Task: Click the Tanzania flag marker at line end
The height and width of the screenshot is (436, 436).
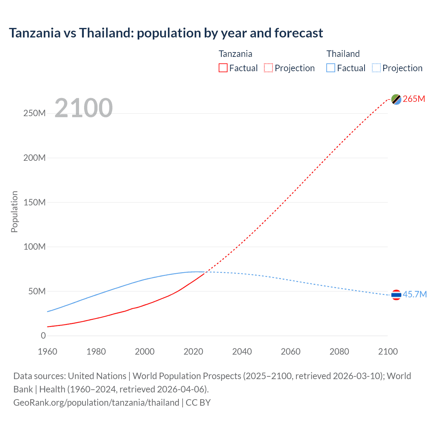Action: pyautogui.click(x=396, y=99)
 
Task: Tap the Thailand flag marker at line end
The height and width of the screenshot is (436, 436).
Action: pyautogui.click(x=396, y=295)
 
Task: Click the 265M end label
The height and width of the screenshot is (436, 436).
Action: pyautogui.click(x=414, y=99)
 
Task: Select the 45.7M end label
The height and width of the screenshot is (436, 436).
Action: pyautogui.click(x=415, y=294)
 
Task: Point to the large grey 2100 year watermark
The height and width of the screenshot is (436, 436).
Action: pyautogui.click(x=83, y=108)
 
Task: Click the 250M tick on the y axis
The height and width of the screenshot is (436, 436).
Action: pyautogui.click(x=34, y=113)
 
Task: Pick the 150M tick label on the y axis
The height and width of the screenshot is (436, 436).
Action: pyautogui.click(x=34, y=202)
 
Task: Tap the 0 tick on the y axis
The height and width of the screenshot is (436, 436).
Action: pyautogui.click(x=43, y=336)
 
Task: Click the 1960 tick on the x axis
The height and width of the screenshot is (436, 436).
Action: pyautogui.click(x=47, y=352)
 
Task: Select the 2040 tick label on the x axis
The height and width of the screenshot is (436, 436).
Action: pyautogui.click(x=242, y=352)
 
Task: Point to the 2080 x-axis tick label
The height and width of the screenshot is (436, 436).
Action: pyautogui.click(x=339, y=352)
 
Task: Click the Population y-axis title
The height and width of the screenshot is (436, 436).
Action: pyautogui.click(x=14, y=212)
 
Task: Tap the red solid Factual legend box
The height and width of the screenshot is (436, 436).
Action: pyautogui.click(x=223, y=68)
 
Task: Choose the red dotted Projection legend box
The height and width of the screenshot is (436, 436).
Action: pyautogui.click(x=268, y=68)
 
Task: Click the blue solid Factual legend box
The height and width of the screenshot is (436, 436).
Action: pyautogui.click(x=331, y=68)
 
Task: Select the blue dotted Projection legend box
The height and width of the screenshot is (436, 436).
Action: pyautogui.click(x=376, y=68)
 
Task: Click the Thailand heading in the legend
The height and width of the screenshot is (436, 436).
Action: pyautogui.click(x=343, y=54)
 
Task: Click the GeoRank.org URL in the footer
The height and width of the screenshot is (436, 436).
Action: pyautogui.click(x=96, y=403)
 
